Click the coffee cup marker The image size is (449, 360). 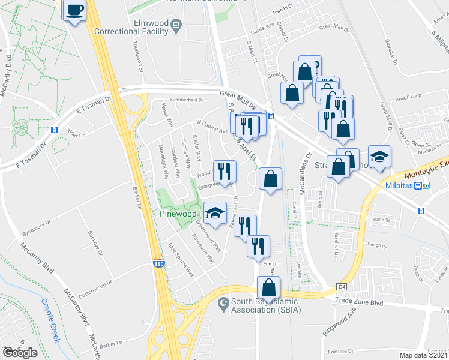coord(75,10)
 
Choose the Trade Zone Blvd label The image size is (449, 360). coord(359,303)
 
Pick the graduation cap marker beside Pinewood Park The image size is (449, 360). coord(214,212)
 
